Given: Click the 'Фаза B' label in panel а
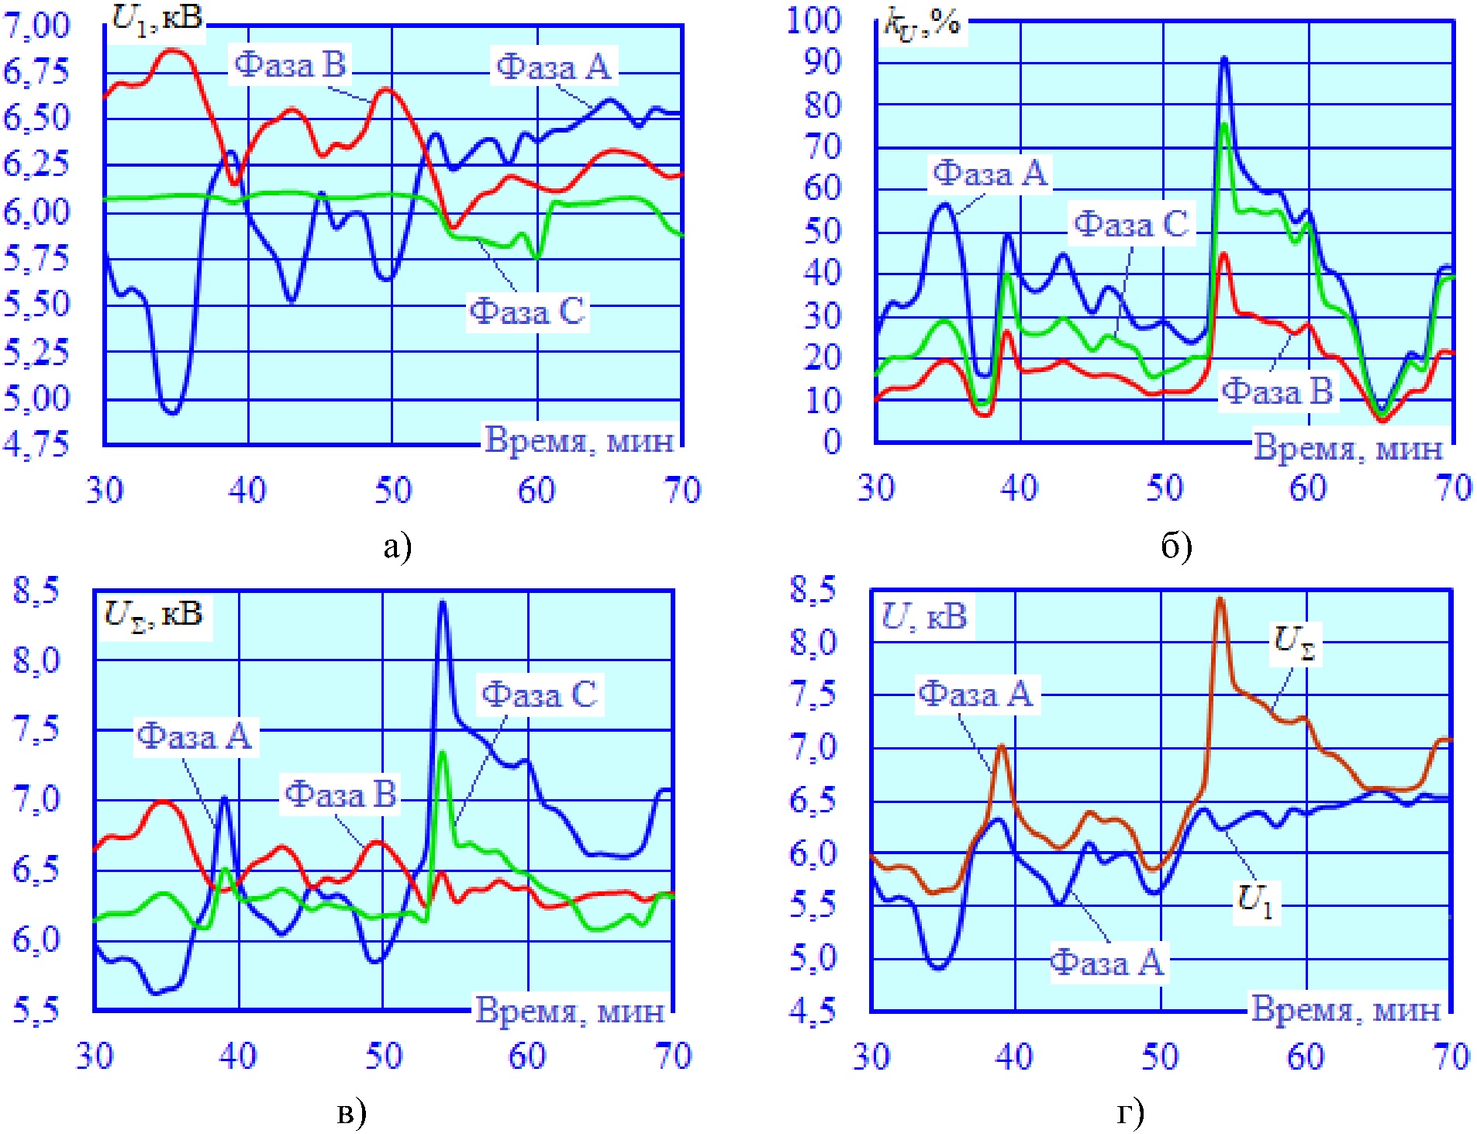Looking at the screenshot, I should coord(291,65).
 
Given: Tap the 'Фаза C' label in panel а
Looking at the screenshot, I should coord(527,312).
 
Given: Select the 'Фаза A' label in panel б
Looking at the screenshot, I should coord(989,174).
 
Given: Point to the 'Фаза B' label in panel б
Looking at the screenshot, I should coord(1277,391).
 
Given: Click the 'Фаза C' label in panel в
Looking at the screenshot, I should coord(540,695).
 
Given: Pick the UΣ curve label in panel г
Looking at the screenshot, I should coord(1294,643).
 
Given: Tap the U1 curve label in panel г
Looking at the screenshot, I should coord(1255,901).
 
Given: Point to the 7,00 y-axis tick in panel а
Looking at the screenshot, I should coord(36,26).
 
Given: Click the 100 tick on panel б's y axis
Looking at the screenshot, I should coord(813,20).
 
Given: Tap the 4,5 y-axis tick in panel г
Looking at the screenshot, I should coord(813,1010).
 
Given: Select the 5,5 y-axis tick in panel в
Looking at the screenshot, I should coord(36,1010).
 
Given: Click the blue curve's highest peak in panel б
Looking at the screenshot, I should coord(1224,59).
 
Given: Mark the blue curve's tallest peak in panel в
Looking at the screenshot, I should coord(443,602).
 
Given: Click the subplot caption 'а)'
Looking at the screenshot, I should coord(397,547).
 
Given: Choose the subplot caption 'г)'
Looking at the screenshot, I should coord(1130,1113).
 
